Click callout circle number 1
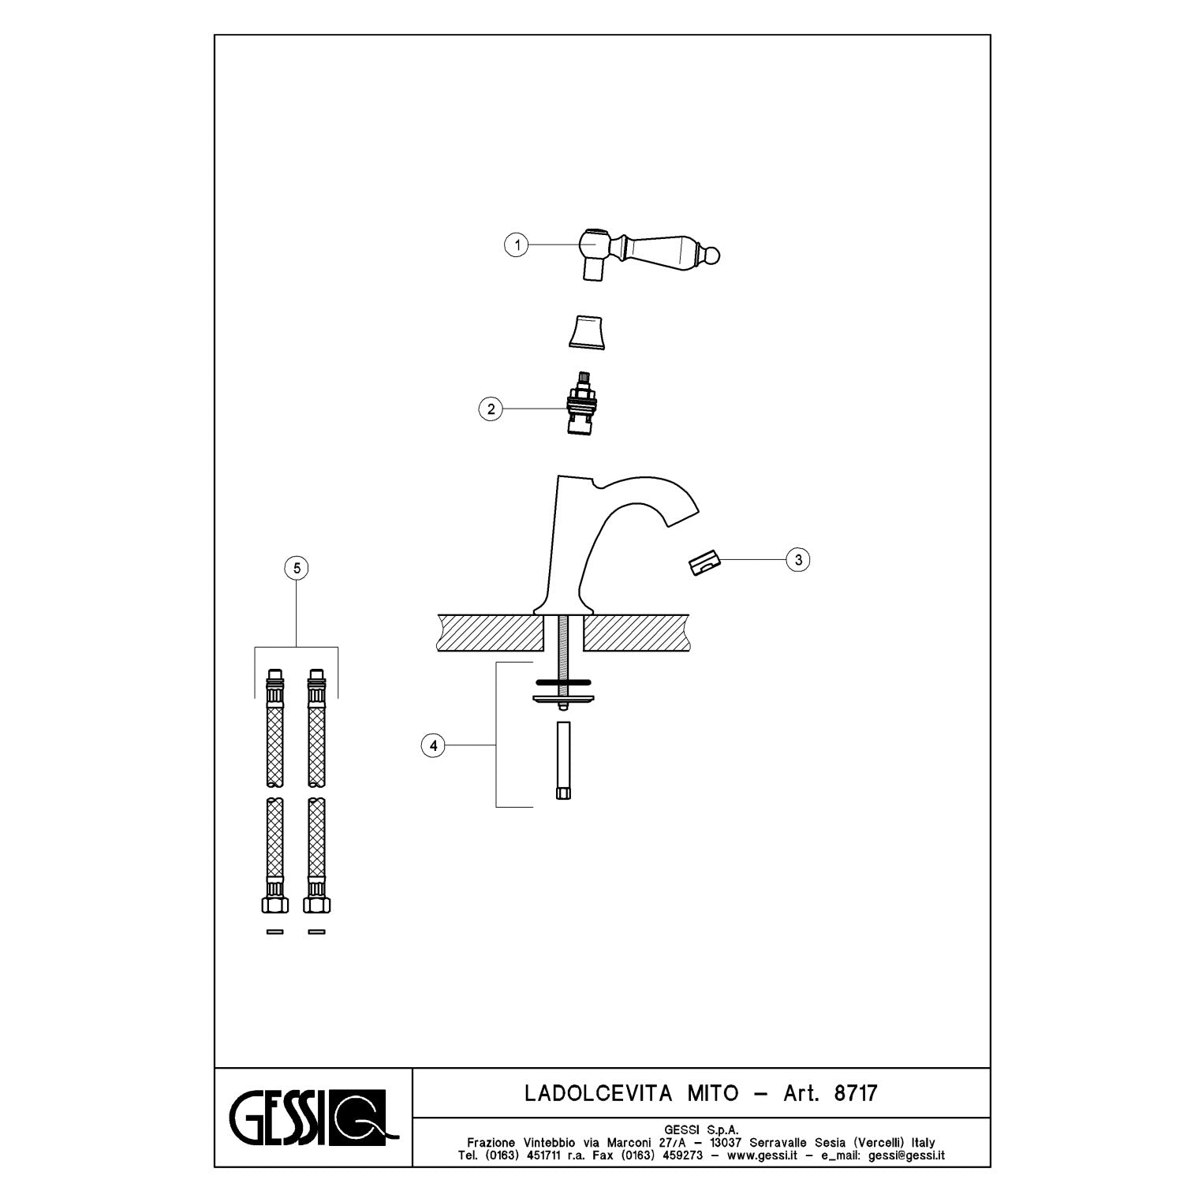tap(517, 245)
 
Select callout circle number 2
tap(491, 409)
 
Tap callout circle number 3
tap(798, 560)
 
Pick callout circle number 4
tap(433, 745)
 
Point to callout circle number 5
tap(297, 567)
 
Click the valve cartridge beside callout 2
tap(584, 402)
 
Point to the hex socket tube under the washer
tap(562, 761)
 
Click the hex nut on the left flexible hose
tap(274, 902)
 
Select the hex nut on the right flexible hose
tap(316, 902)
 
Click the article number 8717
tap(855, 1093)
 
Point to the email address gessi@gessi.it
tap(906, 1155)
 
